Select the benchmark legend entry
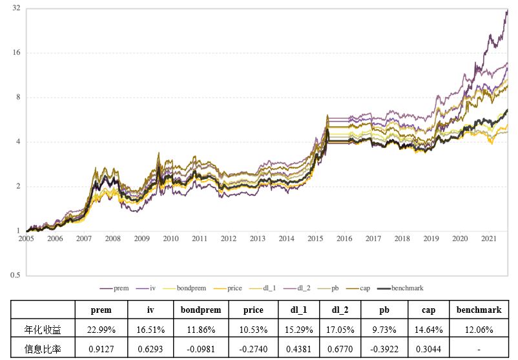(x=406, y=288)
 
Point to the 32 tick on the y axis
(x=16, y=8)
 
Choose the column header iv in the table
(x=150, y=310)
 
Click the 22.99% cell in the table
(x=101, y=330)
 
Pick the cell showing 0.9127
(x=101, y=349)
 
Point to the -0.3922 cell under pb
(x=384, y=349)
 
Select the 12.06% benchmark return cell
(x=479, y=330)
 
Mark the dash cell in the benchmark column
(x=479, y=349)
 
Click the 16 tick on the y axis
(x=16, y=53)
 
